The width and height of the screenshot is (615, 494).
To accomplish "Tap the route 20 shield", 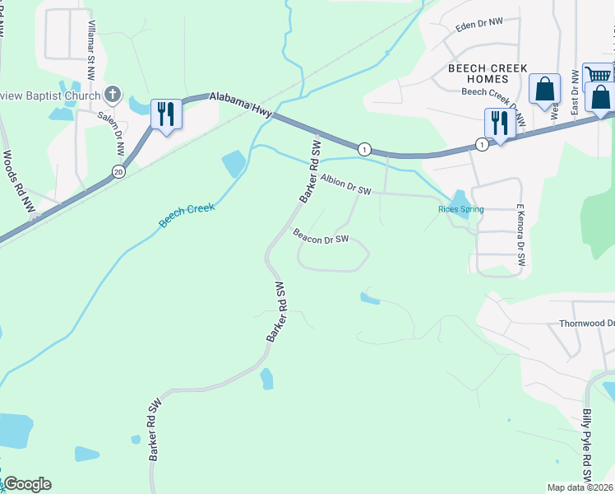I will click(x=118, y=171).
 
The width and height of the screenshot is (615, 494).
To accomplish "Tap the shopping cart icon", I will click(x=599, y=75).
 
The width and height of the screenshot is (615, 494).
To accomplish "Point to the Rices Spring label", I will click(x=460, y=209).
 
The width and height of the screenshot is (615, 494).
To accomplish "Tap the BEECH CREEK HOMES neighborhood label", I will click(x=484, y=73).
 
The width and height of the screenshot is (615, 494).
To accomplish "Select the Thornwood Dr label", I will click(x=587, y=324).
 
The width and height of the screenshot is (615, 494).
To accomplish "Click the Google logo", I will click(x=27, y=484).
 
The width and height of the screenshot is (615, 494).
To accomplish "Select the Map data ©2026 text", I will click(x=579, y=487).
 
